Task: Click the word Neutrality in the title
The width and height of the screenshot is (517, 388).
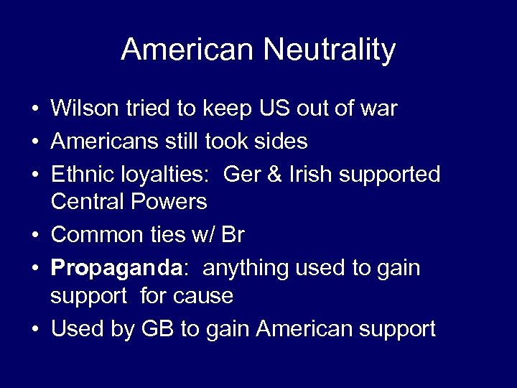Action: point(330,50)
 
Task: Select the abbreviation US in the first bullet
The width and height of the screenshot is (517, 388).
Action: point(266,109)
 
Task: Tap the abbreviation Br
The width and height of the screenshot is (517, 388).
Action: point(232,234)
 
